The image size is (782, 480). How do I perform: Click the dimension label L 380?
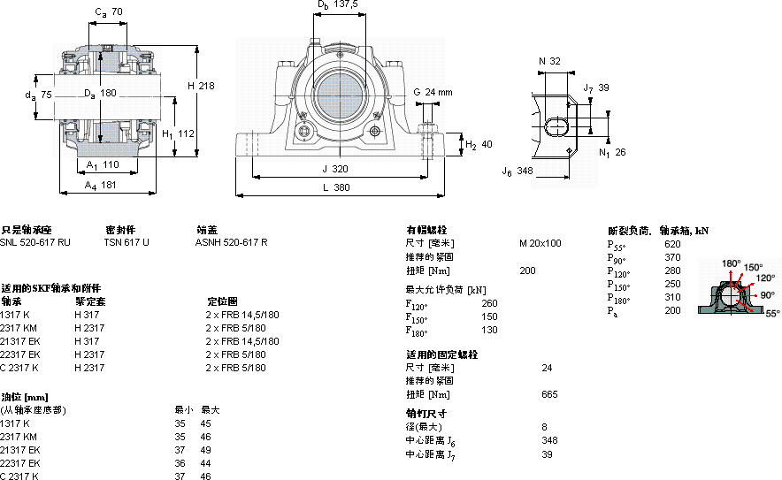tap(337, 187)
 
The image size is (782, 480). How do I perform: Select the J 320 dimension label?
tap(335, 169)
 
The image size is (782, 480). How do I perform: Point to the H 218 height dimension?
tap(201, 86)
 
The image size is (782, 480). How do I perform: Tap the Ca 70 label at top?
tap(109, 12)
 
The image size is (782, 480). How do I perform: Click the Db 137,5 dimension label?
tap(338, 5)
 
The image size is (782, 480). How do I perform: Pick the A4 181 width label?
tap(100, 186)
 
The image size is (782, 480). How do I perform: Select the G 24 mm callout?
tap(433, 92)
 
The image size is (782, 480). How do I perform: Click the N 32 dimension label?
tap(549, 61)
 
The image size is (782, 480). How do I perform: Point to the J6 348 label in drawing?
tap(517, 171)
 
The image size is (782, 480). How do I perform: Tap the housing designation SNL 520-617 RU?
tap(35, 242)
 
